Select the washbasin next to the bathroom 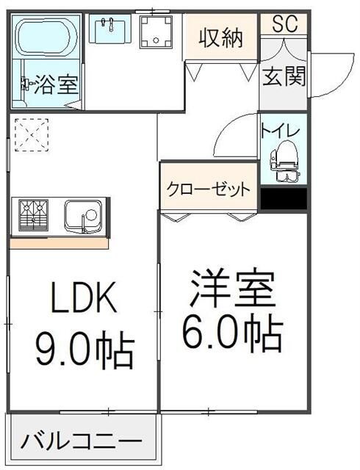coord(109,29)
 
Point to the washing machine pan coord(156,32)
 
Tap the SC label coord(284,23)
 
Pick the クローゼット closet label coord(209,189)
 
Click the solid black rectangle coord(284,199)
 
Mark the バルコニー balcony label coord(81,442)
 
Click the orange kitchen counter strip coord(59,243)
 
